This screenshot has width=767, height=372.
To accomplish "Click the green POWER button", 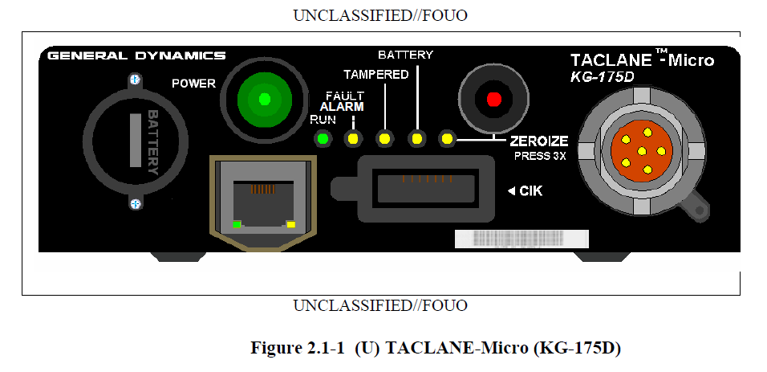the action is tap(265, 100).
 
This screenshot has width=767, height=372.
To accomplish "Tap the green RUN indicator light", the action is tap(322, 139).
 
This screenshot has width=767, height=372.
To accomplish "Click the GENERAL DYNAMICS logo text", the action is tap(136, 55).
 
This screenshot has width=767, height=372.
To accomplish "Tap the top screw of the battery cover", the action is tap(136, 79).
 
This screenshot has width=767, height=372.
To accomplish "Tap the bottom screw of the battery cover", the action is tap(136, 203).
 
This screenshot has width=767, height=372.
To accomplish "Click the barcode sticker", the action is tap(521, 239).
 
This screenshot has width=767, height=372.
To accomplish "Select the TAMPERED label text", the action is tap(375, 75).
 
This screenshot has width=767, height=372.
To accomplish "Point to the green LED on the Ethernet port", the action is tap(237, 224).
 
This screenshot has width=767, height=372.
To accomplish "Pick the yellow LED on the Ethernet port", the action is tap(291, 224).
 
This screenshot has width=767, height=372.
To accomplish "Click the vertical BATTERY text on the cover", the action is tap(153, 142).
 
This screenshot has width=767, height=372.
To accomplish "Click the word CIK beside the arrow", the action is tap(531, 190).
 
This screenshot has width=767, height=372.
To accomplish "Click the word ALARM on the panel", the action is tap(342, 107).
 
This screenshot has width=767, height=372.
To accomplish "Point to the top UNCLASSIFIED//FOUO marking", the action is tap(380, 16).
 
